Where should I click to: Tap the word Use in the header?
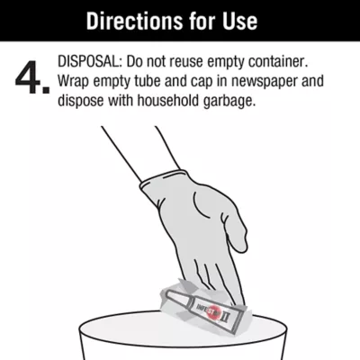point(239,21)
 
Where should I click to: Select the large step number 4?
point(29,77)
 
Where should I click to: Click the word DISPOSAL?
point(90,62)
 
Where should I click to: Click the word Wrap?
point(73,82)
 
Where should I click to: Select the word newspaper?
point(264,82)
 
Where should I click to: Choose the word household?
point(168,101)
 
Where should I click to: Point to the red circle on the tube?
point(214,313)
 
